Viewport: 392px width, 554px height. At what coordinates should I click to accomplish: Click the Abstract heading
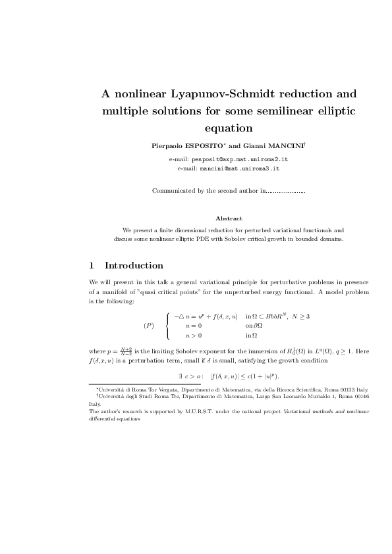[x=229, y=218]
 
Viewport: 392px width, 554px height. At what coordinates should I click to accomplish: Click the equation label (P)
[x=148, y=326]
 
